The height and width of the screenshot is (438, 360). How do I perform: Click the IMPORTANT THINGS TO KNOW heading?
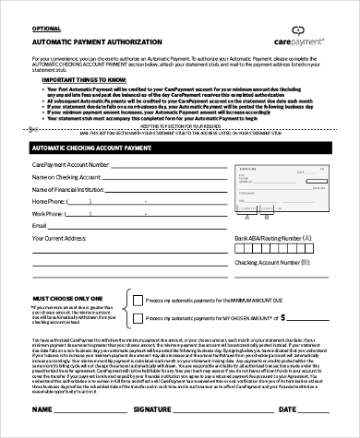[91, 80]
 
